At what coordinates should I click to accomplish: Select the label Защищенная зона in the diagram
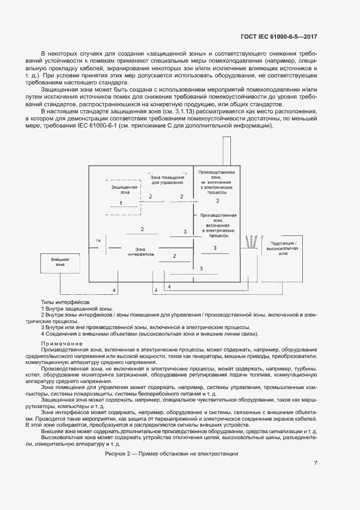[120, 189]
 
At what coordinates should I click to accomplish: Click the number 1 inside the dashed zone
[120, 203]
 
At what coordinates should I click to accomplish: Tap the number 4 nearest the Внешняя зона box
[113, 290]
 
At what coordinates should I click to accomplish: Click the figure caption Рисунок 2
[172, 454]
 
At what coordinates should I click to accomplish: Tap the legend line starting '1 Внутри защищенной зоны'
[77, 308]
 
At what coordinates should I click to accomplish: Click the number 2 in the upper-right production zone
[217, 201]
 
